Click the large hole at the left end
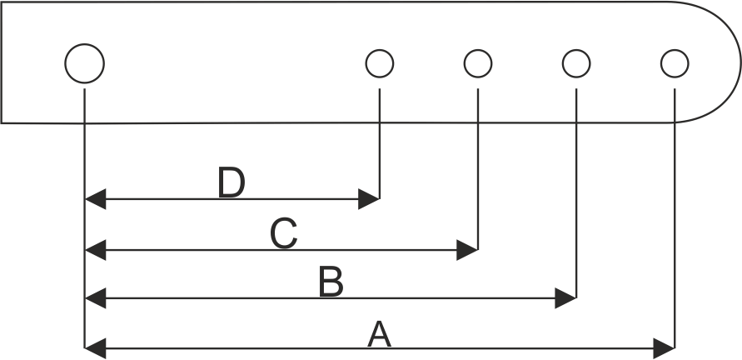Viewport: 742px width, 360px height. point(85,63)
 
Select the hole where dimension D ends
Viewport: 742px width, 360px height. point(380,62)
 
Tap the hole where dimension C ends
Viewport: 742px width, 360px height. point(478,62)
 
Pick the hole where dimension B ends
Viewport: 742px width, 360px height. point(576,62)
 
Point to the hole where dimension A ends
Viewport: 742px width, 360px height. point(675,62)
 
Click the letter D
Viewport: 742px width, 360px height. point(232,183)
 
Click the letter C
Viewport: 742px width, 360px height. point(284,234)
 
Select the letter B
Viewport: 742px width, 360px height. point(331,283)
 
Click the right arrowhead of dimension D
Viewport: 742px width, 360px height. point(370,199)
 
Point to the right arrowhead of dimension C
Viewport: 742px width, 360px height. point(468,249)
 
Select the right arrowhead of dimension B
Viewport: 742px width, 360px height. point(566,297)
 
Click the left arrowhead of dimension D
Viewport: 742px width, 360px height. point(96,199)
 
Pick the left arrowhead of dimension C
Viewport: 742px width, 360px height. point(96,249)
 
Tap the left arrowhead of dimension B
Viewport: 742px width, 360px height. point(96,297)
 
